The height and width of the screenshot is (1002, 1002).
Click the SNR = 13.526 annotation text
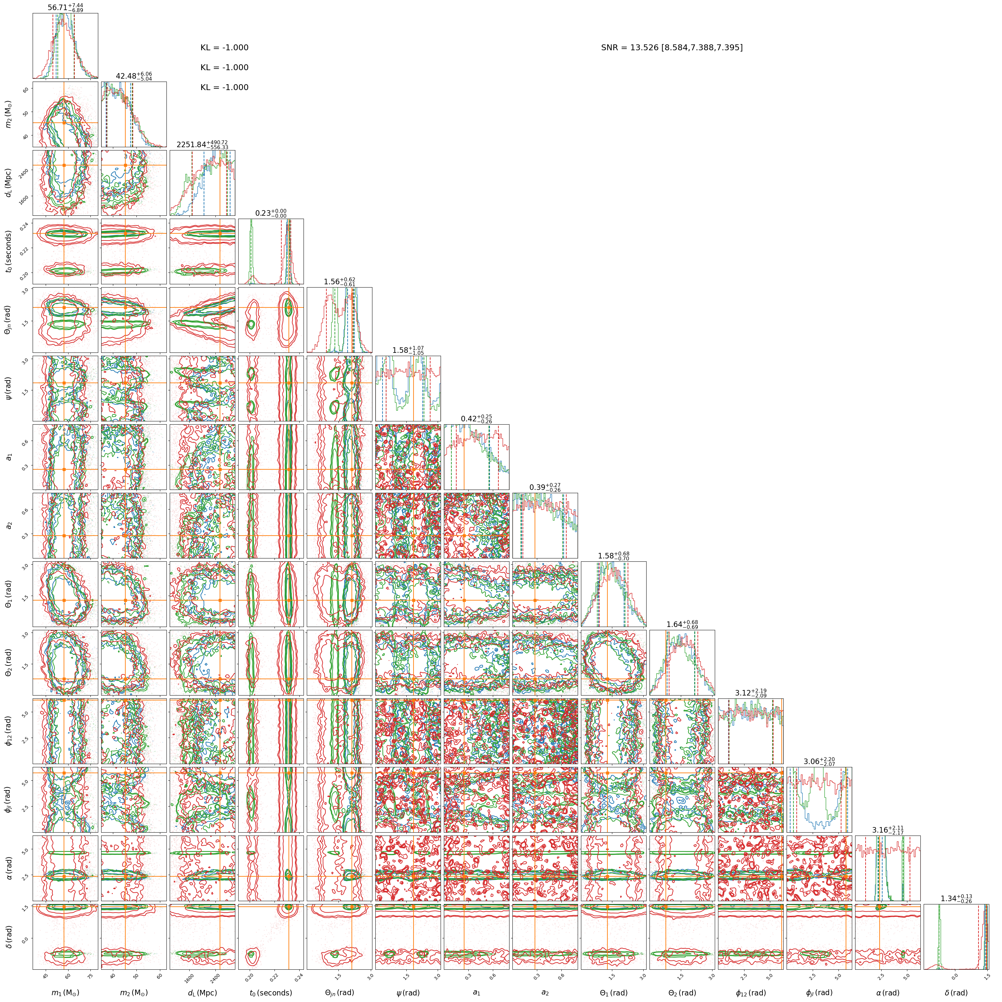pyautogui.click(x=672, y=48)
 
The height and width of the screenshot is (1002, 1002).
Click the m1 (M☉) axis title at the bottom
pyautogui.click(x=65, y=993)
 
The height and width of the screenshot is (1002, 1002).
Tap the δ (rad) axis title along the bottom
pyautogui.click(x=956, y=993)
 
